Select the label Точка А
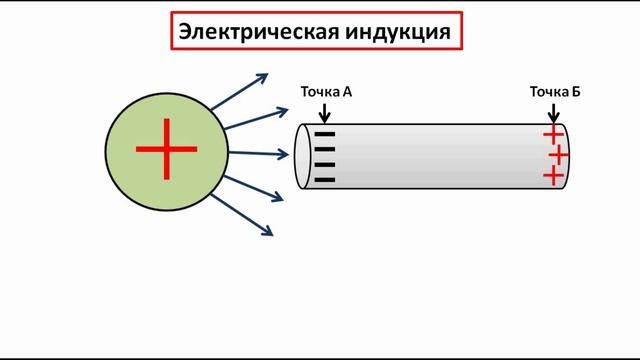326,92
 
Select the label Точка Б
555,92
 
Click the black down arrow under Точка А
325,113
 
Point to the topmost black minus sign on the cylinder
325,134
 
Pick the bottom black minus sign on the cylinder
325,181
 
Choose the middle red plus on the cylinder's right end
558,156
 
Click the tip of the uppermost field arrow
266,75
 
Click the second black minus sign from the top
325,150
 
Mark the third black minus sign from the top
325,165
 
